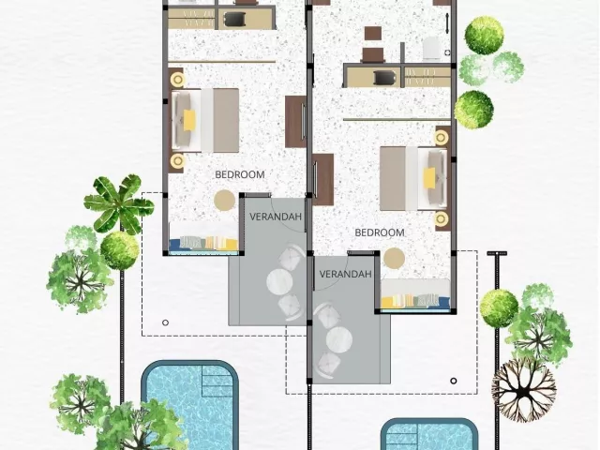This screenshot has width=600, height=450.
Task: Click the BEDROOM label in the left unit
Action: point(240,175)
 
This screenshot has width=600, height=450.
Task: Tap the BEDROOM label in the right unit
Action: point(380,232)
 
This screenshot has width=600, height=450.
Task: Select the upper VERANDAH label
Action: point(276,217)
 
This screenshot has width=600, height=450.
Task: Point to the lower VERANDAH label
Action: point(345,274)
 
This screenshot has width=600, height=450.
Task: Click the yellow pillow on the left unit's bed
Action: point(189,121)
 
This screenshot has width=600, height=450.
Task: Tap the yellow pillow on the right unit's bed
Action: point(429,178)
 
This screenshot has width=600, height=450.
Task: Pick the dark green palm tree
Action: point(119,204)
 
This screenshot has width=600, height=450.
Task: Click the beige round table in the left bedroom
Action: point(225,200)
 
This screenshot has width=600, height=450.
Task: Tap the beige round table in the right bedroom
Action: point(394,258)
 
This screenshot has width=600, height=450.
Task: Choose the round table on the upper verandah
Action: point(279,282)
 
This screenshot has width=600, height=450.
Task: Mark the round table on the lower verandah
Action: point(339,339)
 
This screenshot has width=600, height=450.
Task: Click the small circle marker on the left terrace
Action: point(165,322)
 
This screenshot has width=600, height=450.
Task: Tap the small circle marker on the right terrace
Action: point(454,381)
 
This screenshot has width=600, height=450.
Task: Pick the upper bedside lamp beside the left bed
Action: point(178,80)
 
